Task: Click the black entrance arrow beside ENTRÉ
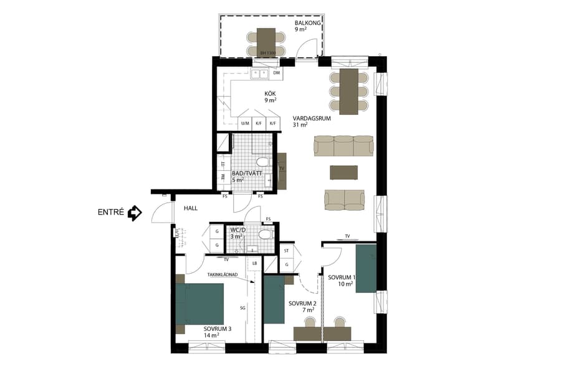point(134,214)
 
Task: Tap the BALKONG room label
point(308,23)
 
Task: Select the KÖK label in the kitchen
point(269,94)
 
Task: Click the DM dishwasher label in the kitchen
point(277,74)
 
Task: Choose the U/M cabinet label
point(245,123)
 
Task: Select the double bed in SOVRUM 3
point(199,304)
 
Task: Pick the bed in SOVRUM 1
point(366,267)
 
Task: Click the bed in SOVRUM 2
point(274,299)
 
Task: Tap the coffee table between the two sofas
point(344,171)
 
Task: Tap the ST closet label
point(287,251)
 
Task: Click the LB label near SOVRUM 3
point(254,264)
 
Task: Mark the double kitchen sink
point(259,74)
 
